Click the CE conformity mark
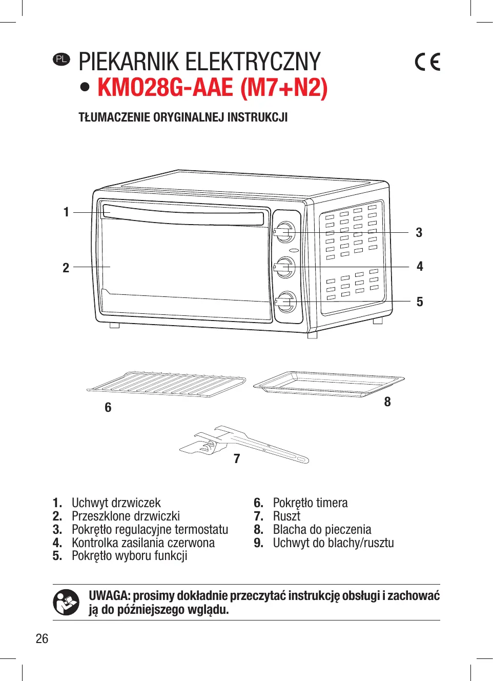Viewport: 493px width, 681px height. coord(427,62)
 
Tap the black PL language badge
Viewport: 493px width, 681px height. coord(61,59)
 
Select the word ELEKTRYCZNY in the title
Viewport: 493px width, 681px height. coord(253,62)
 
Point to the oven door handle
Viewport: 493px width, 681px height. coord(183,215)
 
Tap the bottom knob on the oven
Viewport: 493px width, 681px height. coord(285,302)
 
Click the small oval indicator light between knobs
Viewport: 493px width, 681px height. coord(294,251)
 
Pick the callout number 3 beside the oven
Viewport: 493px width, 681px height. coord(419,232)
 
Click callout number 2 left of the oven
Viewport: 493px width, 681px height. coord(66,268)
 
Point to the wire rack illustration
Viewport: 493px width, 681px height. coord(166,384)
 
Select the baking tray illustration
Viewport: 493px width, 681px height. coord(329,384)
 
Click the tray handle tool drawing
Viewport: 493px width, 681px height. coord(244,444)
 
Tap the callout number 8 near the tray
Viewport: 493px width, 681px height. coord(387,402)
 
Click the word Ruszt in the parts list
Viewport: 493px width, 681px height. coord(286,516)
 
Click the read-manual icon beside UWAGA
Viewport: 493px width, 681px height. coord(66,602)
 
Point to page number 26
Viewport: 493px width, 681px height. coord(42,639)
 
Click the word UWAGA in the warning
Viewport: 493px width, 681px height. coord(110,595)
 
